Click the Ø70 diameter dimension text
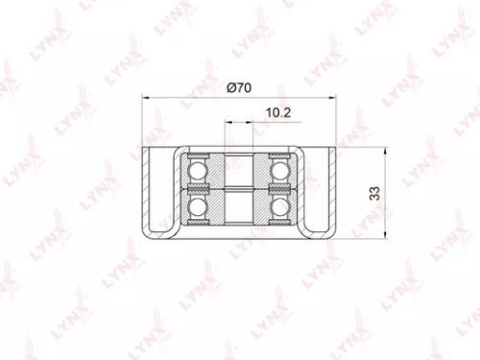point(239,87)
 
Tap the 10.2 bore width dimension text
point(278,112)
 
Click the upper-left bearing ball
point(199,172)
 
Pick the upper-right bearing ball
point(279,172)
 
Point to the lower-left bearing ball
point(199,208)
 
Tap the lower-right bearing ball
point(279,208)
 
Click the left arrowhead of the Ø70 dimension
point(146,97)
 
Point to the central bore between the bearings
point(239,191)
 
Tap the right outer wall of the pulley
point(334,192)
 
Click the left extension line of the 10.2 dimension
point(227,134)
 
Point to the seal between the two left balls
point(199,190)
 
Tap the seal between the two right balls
point(279,190)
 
